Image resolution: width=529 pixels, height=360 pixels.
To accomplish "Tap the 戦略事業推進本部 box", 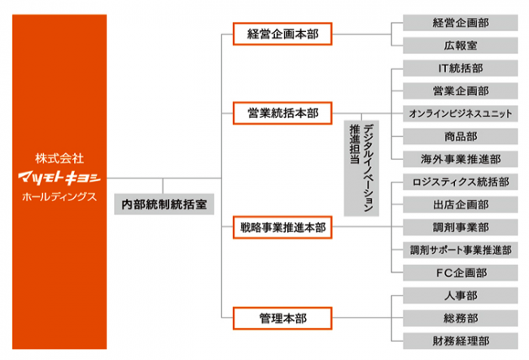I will pos(282,227).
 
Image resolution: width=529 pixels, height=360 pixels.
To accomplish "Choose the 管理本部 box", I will pos(282,316).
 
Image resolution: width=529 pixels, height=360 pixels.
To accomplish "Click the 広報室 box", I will pos(461,46).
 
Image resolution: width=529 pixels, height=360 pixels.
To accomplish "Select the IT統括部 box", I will pos(461,68).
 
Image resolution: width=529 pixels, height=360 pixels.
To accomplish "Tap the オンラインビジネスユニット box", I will pos(461,113).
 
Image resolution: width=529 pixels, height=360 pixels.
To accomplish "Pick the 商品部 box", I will pos(461,136).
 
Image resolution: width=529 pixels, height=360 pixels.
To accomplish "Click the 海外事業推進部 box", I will pos(461,159).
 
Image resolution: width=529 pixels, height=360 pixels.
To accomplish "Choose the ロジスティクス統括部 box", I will pos(461,182).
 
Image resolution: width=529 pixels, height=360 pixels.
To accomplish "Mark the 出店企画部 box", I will pos(461,204).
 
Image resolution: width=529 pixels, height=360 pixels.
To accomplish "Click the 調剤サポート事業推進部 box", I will pos(461,249).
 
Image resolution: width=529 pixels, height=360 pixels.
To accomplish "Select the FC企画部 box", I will pos(461,272).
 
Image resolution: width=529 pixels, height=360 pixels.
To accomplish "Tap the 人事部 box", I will pos(461,295).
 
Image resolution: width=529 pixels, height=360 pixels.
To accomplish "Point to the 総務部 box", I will pos(461,317).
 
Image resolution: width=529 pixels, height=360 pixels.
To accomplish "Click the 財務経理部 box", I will pos(461,340).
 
